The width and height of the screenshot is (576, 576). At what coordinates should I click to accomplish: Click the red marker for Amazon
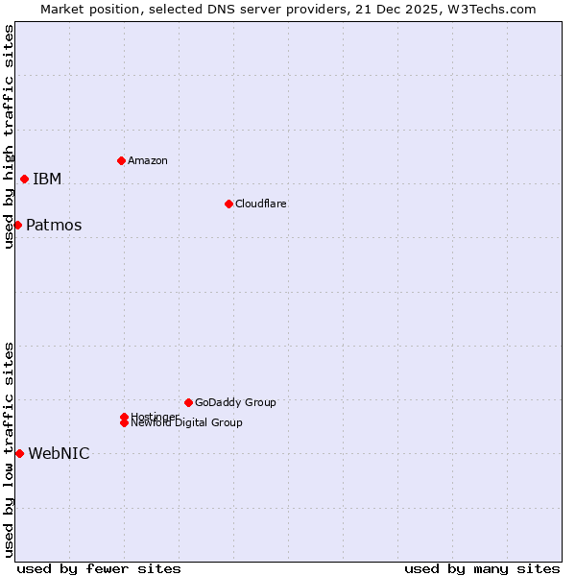tap(121, 160)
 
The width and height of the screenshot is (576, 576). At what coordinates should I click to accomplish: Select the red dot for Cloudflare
tap(228, 204)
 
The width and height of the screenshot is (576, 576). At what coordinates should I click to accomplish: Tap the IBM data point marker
tap(24, 179)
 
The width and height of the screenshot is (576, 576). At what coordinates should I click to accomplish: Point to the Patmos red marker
tap(17, 225)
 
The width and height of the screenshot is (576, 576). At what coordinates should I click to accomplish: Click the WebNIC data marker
tap(19, 453)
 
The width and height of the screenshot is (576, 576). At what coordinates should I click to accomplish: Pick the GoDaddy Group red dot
tap(188, 402)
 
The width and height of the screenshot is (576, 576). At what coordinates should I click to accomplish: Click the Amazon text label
tap(147, 160)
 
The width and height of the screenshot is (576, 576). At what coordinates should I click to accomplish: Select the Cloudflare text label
tap(260, 204)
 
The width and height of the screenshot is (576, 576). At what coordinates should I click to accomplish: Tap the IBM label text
tap(47, 180)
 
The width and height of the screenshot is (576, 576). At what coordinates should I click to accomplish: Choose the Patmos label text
tap(54, 226)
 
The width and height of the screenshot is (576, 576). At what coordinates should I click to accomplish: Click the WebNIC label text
tap(59, 454)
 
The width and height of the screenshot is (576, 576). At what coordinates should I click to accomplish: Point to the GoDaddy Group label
tap(235, 402)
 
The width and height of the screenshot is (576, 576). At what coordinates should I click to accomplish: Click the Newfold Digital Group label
tap(186, 423)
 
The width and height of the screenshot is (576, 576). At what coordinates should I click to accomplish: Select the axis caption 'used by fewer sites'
tap(99, 568)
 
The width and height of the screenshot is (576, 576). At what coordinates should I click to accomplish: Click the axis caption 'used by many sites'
tap(482, 568)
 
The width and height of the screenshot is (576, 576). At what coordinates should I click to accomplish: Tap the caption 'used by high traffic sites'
tap(10, 136)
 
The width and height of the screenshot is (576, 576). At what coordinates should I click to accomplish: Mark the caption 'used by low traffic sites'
tap(10, 448)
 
